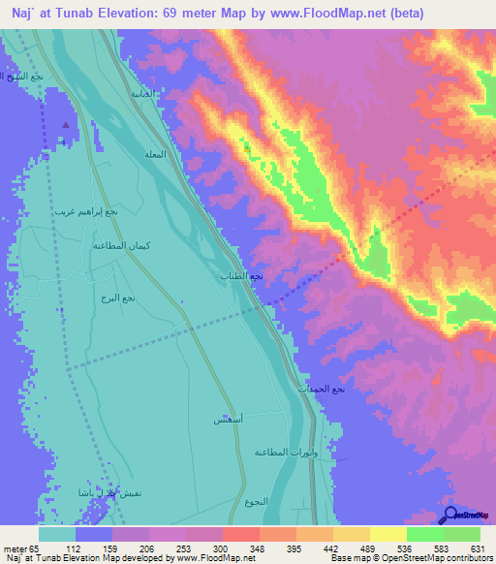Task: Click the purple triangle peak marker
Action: [x=66, y=125]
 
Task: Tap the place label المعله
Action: [x=154, y=155]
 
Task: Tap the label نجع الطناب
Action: [x=243, y=276]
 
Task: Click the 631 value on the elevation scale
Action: [x=477, y=548]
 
